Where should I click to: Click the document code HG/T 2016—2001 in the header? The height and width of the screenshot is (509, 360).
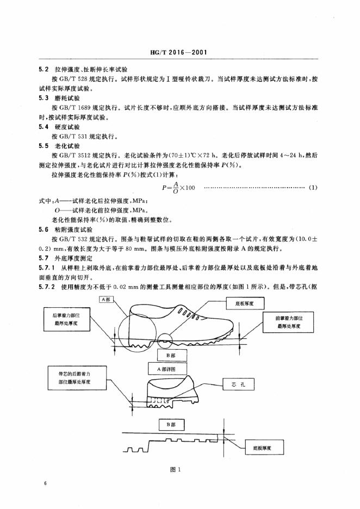click(x=179, y=53)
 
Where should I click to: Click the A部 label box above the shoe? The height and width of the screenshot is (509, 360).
click(x=105, y=299)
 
